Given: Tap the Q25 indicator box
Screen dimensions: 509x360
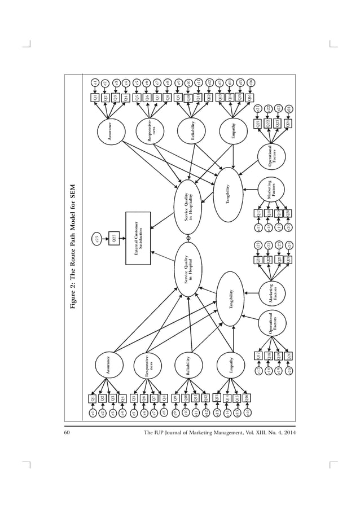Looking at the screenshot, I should (x=116, y=239).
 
